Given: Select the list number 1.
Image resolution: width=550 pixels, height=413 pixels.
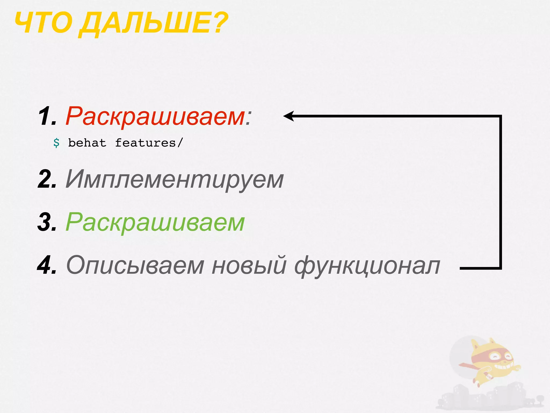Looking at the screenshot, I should (47, 116).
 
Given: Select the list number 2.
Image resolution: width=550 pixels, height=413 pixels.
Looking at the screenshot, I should (47, 179).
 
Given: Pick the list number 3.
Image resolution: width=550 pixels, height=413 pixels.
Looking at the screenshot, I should (47, 222).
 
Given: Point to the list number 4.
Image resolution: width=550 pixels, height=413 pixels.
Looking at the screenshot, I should (47, 265).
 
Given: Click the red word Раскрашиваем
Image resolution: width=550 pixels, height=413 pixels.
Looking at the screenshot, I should (155, 117).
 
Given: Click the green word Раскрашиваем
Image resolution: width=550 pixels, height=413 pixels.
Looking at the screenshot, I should (155, 223).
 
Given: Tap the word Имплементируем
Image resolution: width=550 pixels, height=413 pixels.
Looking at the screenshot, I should (175, 180).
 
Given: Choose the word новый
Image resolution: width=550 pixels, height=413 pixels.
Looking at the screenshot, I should (249, 265).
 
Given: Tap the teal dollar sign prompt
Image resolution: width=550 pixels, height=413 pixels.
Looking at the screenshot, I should (56, 143).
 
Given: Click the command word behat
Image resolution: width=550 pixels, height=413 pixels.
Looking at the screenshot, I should (87, 143).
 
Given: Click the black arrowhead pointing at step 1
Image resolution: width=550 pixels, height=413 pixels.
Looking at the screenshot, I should (289, 116).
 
